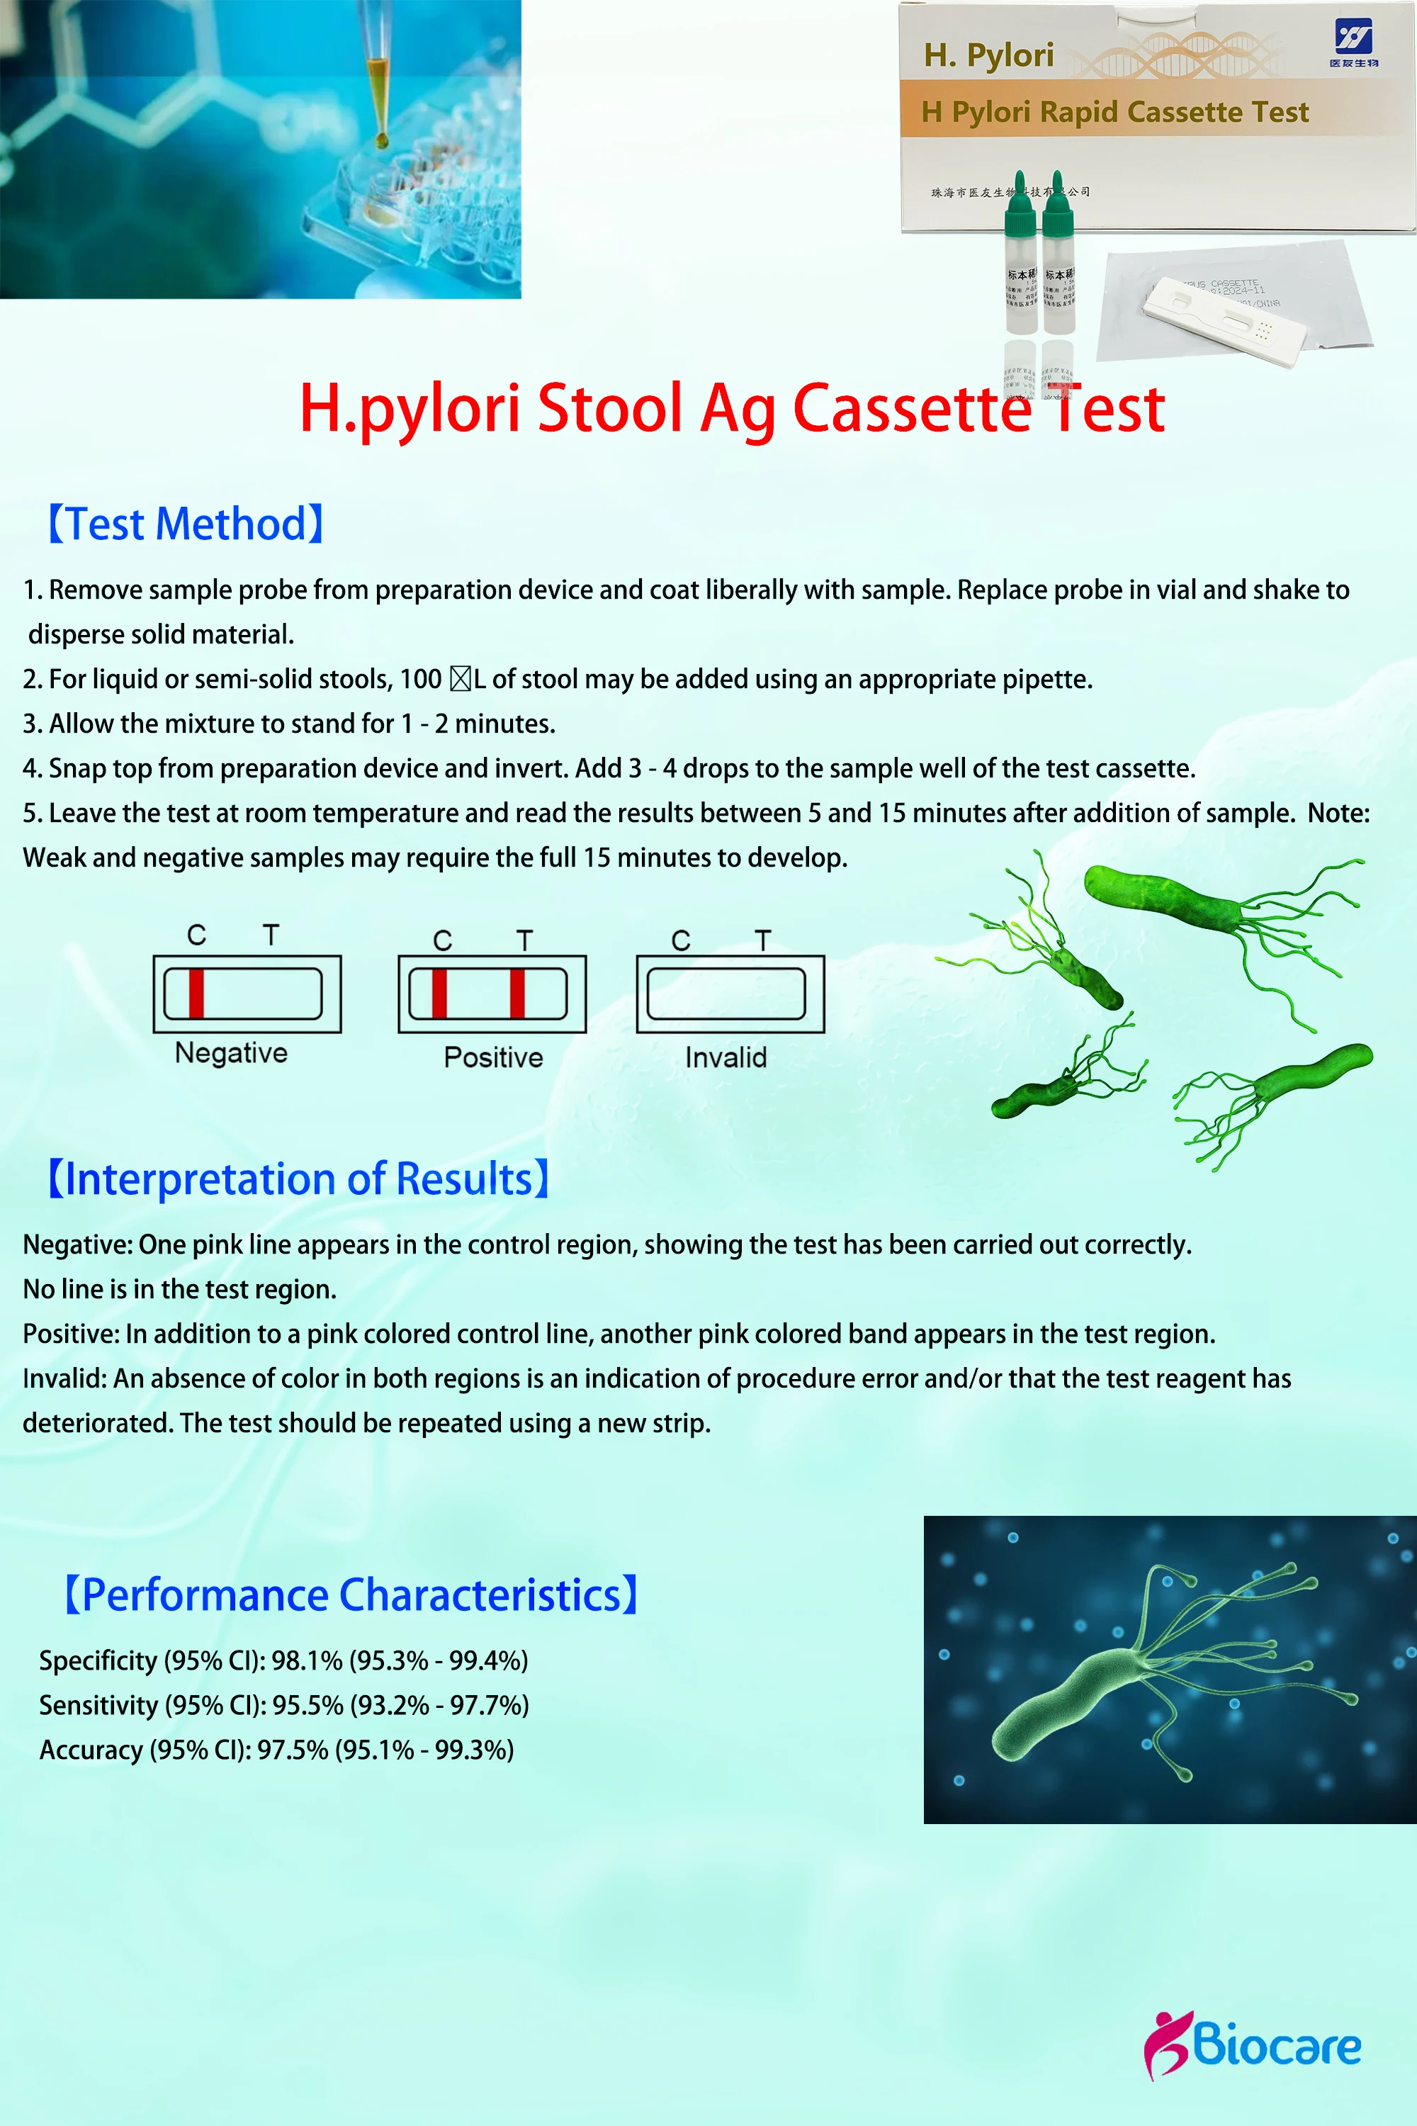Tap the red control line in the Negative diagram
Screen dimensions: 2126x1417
(196, 994)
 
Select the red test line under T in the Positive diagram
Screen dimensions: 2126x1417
(517, 994)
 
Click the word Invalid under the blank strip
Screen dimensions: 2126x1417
(726, 1057)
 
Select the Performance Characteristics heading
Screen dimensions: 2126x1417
(351, 1594)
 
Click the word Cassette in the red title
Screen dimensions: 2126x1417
(912, 409)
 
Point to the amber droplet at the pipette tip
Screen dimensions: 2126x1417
(383, 140)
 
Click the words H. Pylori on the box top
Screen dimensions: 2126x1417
(988, 56)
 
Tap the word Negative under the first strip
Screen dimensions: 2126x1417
(232, 1053)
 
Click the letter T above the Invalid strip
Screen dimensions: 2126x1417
(764, 940)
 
